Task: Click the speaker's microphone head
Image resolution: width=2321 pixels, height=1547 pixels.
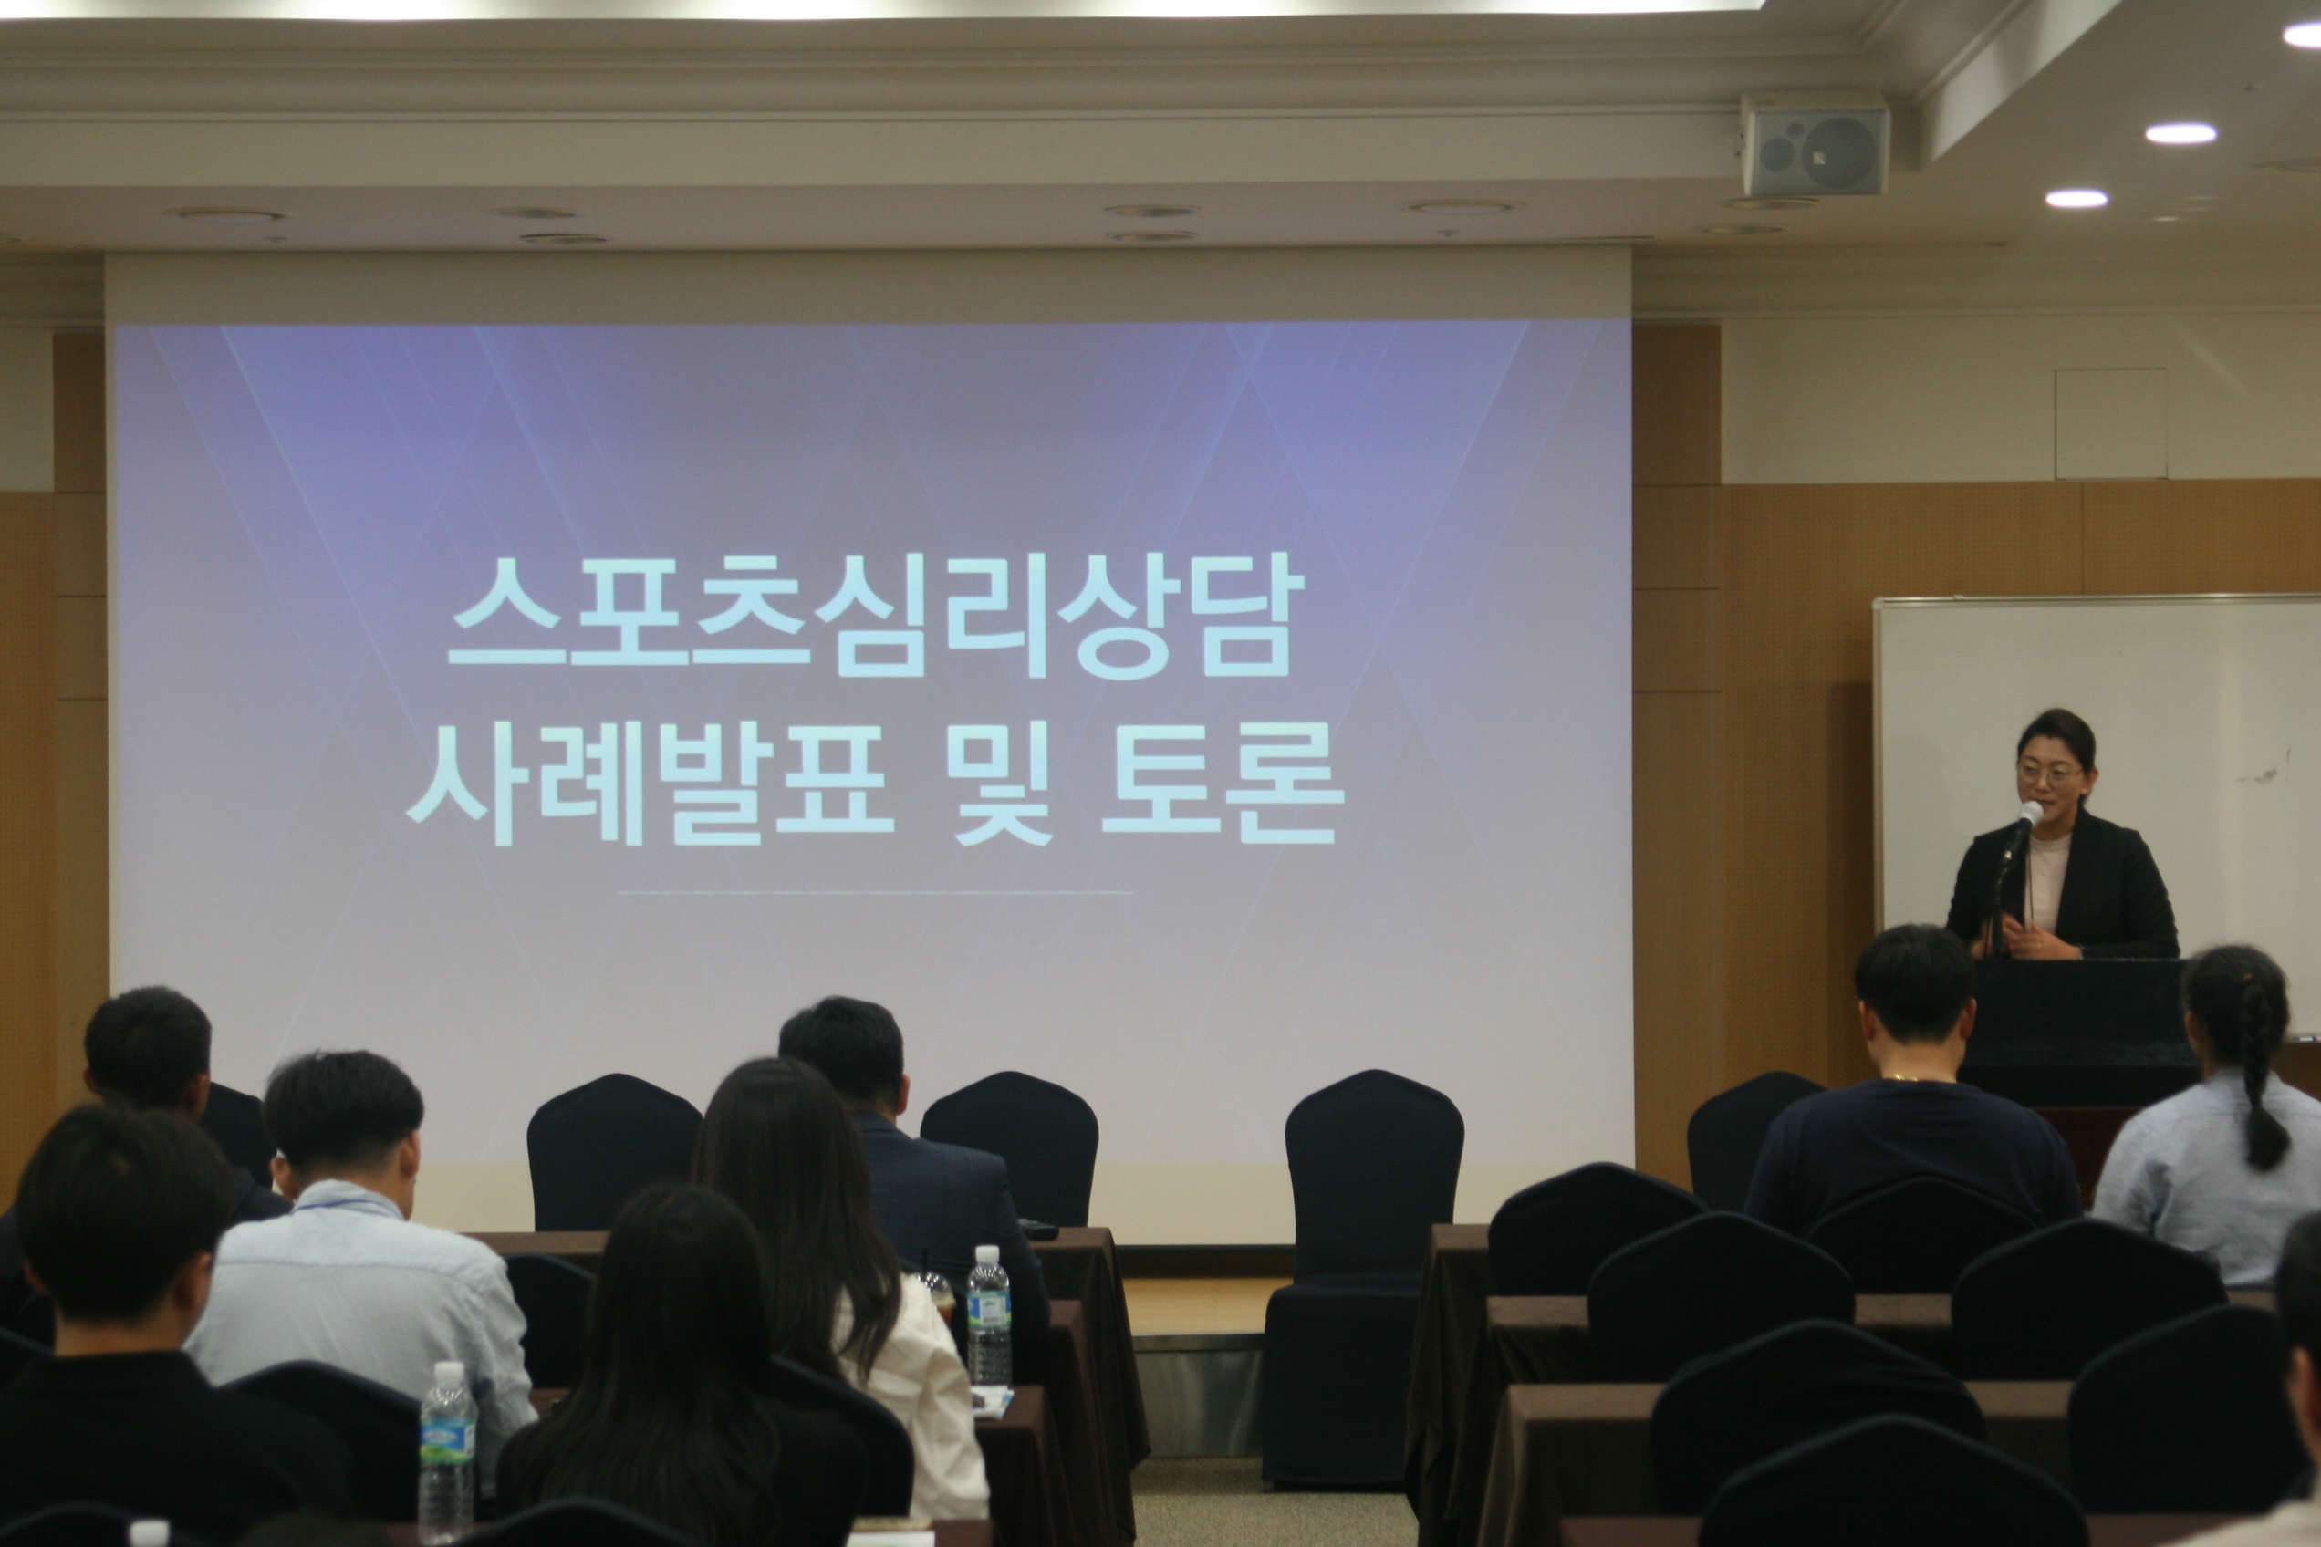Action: [2030, 814]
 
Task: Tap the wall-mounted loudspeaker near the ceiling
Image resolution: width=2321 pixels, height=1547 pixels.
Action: [1815, 143]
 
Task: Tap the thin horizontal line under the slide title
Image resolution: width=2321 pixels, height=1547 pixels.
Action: [874, 893]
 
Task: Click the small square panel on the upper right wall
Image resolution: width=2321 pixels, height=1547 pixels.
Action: [2111, 424]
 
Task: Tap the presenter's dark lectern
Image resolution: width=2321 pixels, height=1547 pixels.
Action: [2077, 1031]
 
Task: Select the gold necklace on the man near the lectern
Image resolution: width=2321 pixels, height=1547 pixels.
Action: [1902, 1077]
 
